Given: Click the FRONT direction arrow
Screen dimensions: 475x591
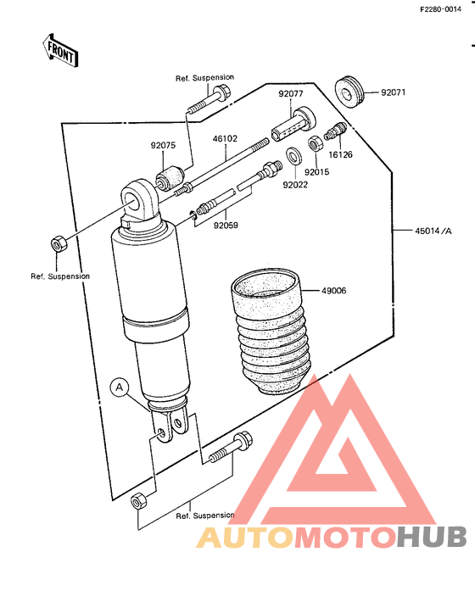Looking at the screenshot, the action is (60, 51).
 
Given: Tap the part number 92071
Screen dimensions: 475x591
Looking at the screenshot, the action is (394, 92).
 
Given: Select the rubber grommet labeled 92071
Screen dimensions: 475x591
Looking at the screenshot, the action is (349, 92).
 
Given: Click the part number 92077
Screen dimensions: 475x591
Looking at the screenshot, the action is (291, 93).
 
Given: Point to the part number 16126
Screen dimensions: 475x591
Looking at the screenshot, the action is (340, 154).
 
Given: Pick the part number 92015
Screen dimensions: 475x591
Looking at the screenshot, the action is (316, 172).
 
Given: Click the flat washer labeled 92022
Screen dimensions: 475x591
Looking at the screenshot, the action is (294, 156).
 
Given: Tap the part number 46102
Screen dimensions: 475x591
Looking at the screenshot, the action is (225, 139).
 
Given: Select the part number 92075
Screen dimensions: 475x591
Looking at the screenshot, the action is (163, 145).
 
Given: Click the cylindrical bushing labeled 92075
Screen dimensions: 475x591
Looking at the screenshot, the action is (170, 177).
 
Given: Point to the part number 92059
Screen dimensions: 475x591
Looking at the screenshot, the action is (226, 226).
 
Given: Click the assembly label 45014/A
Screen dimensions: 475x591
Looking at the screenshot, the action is (433, 231).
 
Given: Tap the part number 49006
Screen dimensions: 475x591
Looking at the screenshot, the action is (333, 291).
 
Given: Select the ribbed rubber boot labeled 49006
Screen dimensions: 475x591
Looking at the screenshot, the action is (271, 332).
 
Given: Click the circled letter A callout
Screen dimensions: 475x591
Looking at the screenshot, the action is (120, 387).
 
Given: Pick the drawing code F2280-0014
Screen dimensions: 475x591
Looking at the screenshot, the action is (440, 9).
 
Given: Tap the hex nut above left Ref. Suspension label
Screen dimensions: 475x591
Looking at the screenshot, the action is (59, 243).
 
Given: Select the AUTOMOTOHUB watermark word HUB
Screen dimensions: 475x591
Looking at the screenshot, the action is (431, 537).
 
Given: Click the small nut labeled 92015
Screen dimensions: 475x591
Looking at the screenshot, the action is (315, 143).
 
